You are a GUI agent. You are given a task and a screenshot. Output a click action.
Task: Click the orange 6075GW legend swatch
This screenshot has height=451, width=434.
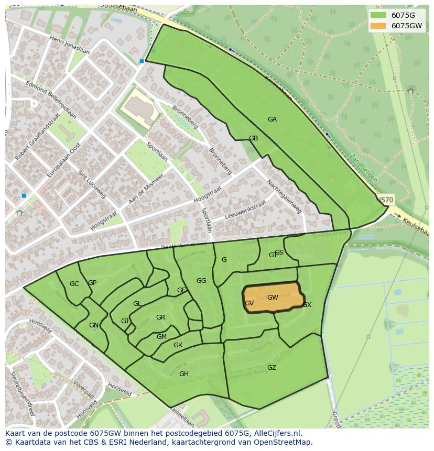377,26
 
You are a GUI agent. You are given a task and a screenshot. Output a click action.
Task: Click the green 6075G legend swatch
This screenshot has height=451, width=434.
377,15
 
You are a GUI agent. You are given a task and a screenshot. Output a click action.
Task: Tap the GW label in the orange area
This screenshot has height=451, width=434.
273,298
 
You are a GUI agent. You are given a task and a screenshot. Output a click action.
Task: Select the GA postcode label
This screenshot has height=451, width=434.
272,119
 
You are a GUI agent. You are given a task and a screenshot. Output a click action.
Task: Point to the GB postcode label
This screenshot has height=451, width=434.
253,139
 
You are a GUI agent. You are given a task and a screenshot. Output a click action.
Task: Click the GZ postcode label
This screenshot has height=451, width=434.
272,368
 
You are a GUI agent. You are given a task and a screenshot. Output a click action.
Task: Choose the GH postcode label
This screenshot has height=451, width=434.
183,374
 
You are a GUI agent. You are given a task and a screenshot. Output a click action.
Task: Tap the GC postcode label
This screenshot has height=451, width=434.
74,284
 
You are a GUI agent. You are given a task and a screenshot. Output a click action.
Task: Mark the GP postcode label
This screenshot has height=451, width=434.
92,283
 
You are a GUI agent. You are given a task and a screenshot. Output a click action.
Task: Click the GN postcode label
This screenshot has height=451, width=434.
93,325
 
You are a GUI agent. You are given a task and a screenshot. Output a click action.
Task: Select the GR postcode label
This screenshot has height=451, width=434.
160,317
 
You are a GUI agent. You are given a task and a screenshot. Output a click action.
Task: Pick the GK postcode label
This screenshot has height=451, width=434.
178,345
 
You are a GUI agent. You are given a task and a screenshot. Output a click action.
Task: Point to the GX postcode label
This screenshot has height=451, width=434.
307,305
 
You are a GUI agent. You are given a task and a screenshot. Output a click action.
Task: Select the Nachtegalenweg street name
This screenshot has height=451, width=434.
284,197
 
